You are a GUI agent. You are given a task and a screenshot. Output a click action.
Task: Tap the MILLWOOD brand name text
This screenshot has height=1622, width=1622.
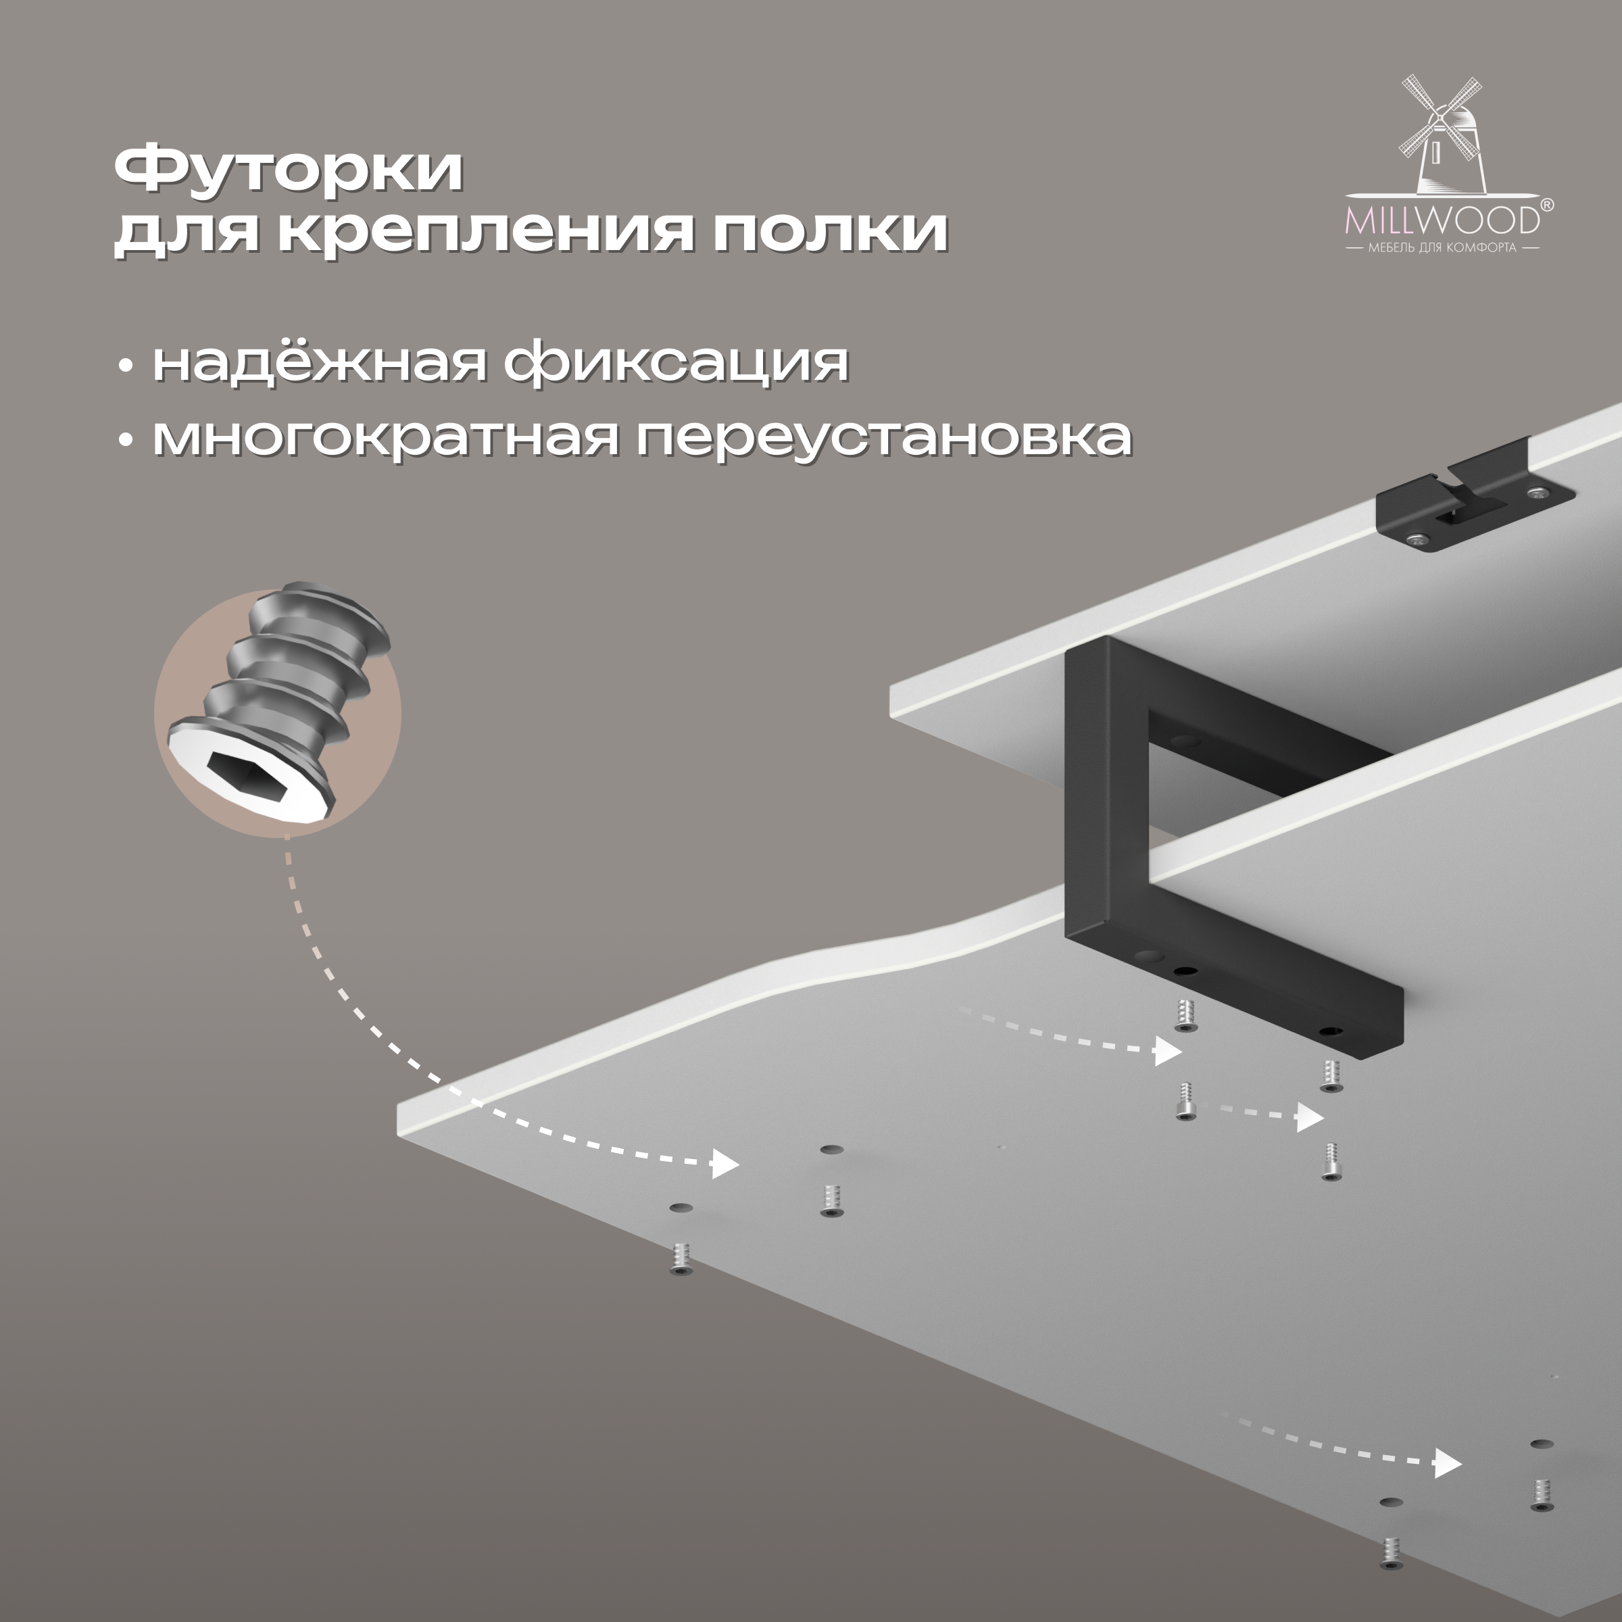click(x=1442, y=220)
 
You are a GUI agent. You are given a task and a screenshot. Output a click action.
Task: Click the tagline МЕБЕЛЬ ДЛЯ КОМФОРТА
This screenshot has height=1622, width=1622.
click(x=1442, y=247)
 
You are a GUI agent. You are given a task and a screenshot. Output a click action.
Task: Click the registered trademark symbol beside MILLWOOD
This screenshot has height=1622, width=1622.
click(x=1546, y=205)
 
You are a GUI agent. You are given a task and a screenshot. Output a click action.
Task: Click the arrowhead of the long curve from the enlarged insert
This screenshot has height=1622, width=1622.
click(x=724, y=1164)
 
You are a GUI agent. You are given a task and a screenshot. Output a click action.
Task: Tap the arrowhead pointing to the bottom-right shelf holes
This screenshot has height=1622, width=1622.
click(x=1448, y=1463)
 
